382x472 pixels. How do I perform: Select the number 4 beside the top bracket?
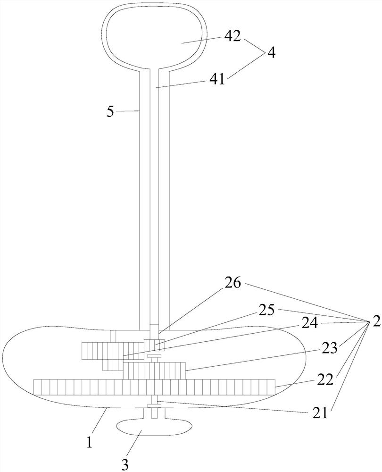[x=271, y=52]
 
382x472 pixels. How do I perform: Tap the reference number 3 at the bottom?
[x=125, y=464]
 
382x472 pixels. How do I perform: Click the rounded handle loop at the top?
[x=155, y=38]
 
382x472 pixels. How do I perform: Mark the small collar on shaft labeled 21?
[x=154, y=406]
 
